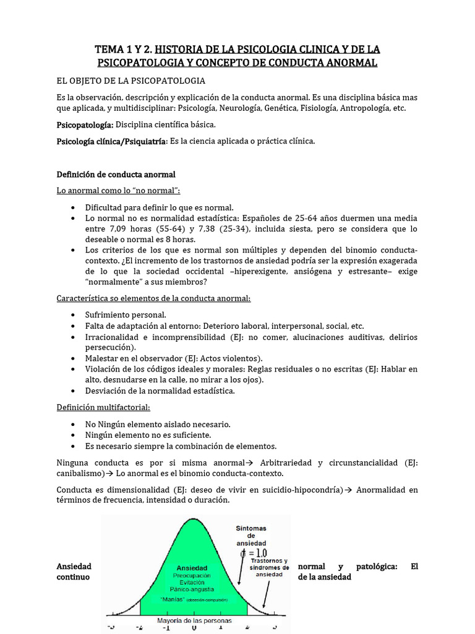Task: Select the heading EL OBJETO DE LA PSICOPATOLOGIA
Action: click(x=131, y=80)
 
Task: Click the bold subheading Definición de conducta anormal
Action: click(x=116, y=174)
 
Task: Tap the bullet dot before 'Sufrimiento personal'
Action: click(x=74, y=315)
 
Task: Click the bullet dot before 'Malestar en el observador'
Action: click(x=74, y=358)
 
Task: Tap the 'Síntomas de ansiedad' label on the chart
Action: click(x=251, y=536)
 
